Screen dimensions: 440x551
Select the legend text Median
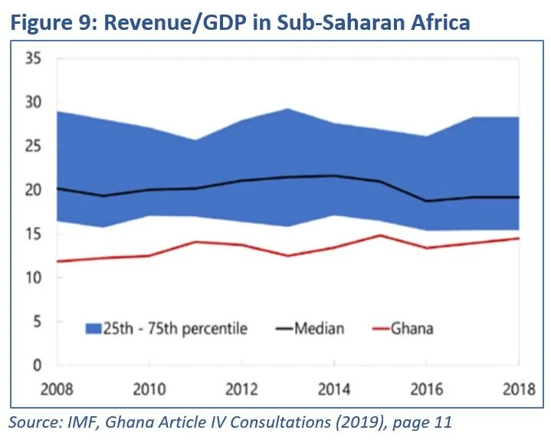tap(319, 329)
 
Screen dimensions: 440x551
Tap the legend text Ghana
tap(412, 329)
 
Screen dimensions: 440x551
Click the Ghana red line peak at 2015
tap(379, 235)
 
